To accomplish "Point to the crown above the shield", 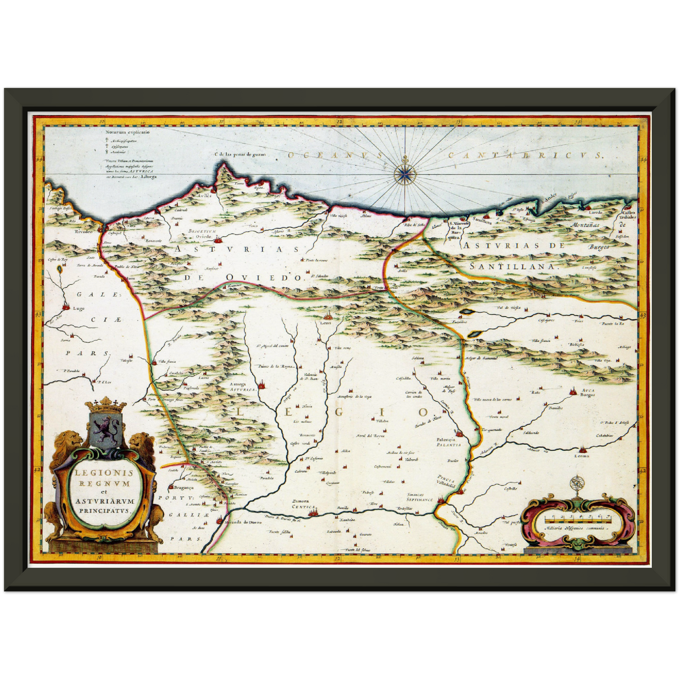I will [107, 404].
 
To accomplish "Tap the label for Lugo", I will [79, 309].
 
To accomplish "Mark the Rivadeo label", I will [83, 232].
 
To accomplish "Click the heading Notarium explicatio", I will [120, 132].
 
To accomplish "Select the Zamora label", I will [300, 501].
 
